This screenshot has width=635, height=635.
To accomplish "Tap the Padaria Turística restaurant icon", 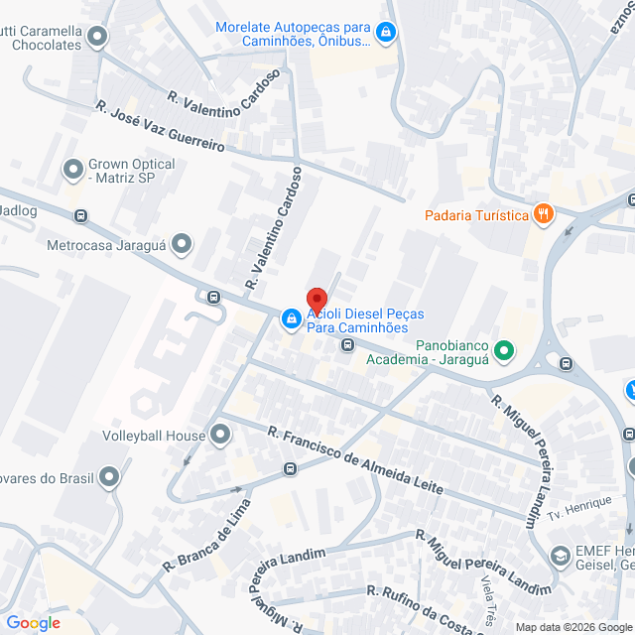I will click(x=543, y=213).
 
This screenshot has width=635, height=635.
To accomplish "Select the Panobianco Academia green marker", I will click(x=503, y=350).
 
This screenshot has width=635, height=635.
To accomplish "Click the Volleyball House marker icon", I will click(x=220, y=435).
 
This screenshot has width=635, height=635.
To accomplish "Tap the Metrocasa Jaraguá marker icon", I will click(x=182, y=243).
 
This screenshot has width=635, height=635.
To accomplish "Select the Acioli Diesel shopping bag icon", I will click(x=291, y=318).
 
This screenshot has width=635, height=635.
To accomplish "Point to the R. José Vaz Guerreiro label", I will click(x=161, y=126).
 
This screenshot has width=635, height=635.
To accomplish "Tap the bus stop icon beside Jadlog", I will click(x=80, y=215).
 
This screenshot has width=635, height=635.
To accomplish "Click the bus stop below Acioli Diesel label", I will click(x=347, y=345).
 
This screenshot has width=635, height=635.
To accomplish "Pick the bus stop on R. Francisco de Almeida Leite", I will click(x=290, y=468).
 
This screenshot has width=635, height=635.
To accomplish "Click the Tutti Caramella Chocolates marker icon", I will click(x=97, y=38).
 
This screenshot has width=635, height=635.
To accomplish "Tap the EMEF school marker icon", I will click(x=560, y=556).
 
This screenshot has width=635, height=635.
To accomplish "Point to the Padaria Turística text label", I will click(x=475, y=216).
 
